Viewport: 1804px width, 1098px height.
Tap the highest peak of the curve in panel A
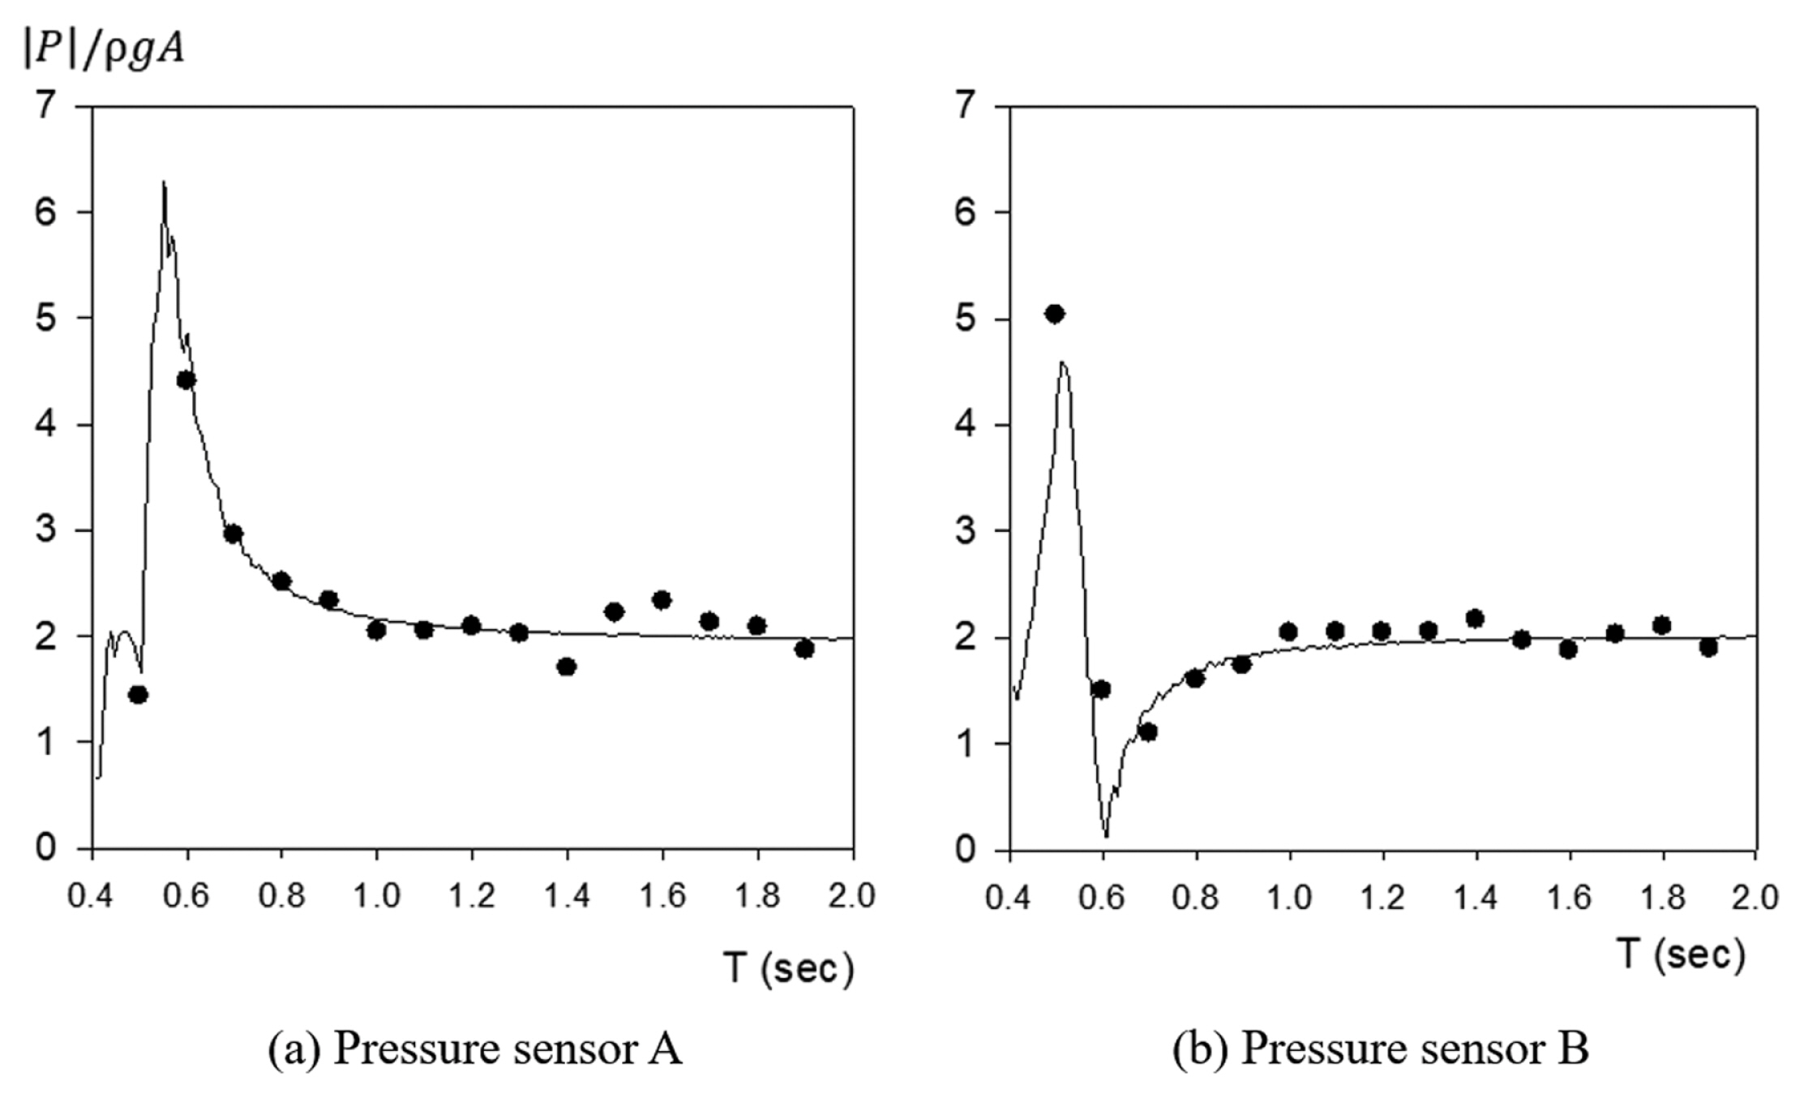click(164, 183)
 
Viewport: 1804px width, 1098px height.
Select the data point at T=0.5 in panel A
click(139, 695)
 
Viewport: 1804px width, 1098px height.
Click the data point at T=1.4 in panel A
click(567, 667)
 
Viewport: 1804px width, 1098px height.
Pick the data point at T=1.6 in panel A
click(662, 600)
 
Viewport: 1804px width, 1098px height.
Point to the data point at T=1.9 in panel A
click(804, 649)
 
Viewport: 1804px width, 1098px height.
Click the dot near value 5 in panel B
click(1054, 314)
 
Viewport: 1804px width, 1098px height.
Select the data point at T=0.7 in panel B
click(1148, 731)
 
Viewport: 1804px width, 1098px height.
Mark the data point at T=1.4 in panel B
click(1475, 619)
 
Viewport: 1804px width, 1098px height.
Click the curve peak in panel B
click(1063, 362)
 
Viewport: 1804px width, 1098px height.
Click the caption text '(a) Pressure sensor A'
click(475, 1049)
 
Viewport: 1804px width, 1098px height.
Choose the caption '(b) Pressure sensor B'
click(1381, 1049)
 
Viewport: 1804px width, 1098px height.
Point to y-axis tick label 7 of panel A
click(48, 106)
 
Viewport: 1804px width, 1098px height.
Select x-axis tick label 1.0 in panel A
click(377, 896)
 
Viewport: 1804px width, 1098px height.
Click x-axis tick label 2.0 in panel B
click(1755, 898)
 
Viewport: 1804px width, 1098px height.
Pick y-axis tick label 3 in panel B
click(966, 530)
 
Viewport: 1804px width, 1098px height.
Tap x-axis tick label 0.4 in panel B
click(1010, 898)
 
